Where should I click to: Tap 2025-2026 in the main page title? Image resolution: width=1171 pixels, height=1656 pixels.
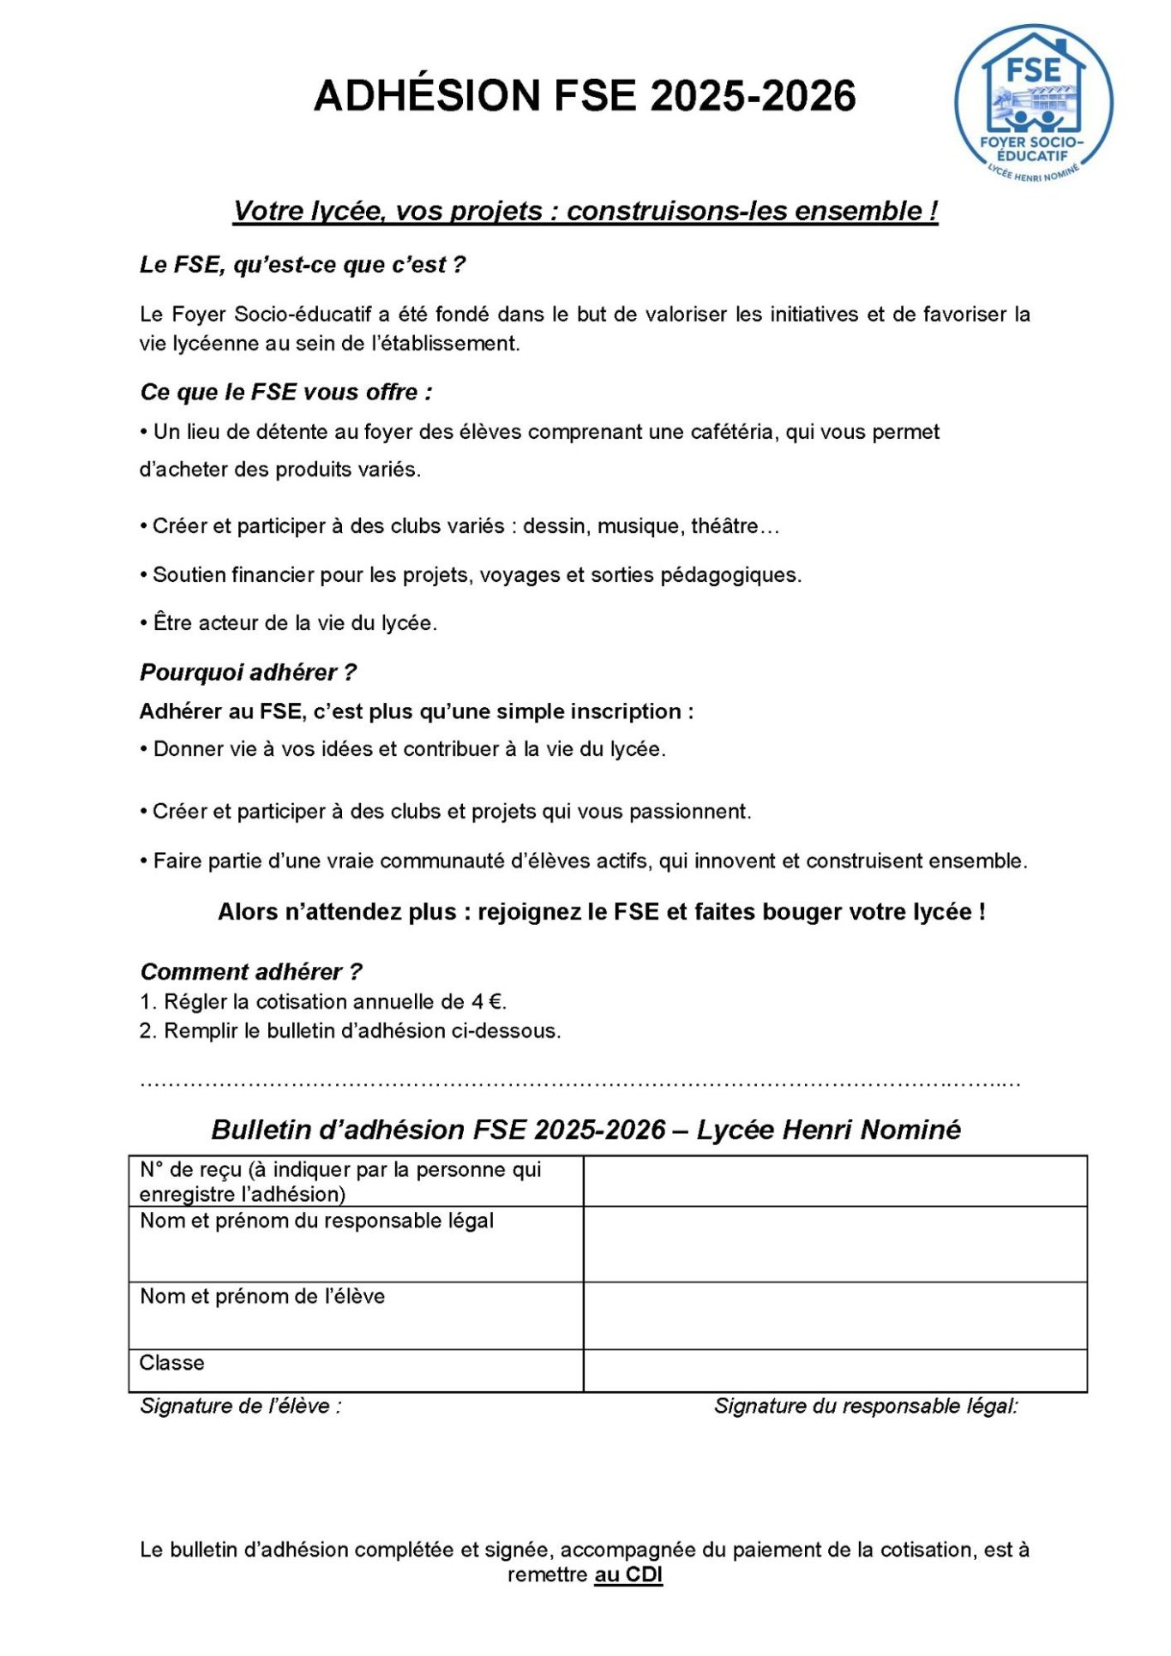[753, 95]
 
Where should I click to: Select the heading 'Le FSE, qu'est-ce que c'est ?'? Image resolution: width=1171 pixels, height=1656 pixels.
[302, 265]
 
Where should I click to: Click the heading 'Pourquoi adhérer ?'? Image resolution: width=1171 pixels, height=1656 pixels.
[248, 673]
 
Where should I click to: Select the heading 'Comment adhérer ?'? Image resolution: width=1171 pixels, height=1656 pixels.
[250, 972]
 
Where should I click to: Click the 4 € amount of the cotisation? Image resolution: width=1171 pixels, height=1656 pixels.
[487, 1002]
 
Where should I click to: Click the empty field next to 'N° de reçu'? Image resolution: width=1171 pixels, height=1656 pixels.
[834, 1181]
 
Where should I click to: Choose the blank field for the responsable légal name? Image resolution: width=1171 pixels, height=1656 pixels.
[834, 1244]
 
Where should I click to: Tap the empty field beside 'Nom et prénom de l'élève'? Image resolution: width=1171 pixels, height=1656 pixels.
[834, 1315]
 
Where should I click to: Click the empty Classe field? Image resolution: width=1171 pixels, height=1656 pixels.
[834, 1370]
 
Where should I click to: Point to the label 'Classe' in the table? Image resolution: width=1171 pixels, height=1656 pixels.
[171, 1363]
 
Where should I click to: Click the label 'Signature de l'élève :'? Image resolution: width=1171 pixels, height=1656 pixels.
[240, 1407]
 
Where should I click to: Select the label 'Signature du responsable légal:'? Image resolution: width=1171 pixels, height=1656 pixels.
[865, 1407]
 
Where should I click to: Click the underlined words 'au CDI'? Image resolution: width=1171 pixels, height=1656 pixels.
[628, 1575]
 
